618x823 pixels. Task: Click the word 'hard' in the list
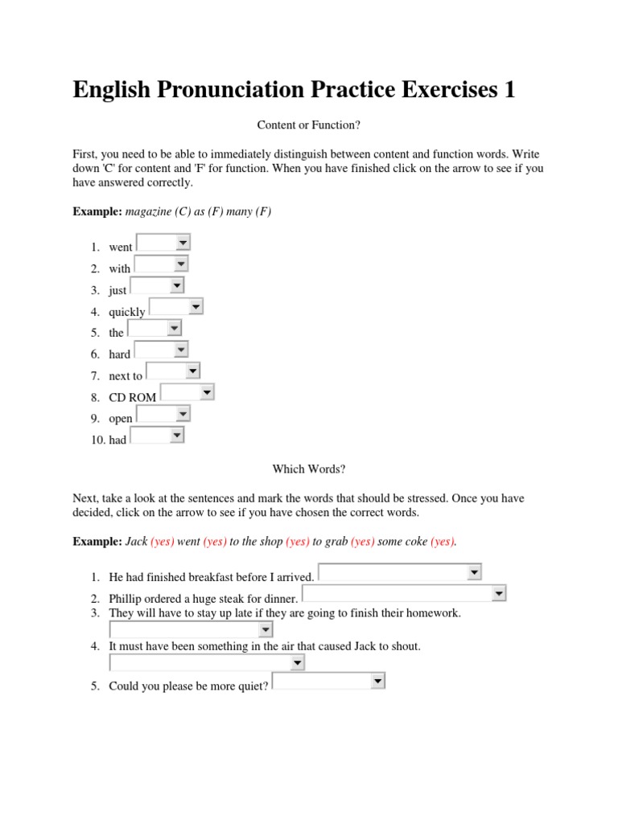120,354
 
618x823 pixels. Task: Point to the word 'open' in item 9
121,419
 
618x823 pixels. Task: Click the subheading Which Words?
308,469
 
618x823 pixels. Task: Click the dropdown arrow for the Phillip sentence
498,594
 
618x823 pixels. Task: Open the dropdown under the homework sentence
265,629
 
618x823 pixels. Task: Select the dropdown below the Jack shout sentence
297,662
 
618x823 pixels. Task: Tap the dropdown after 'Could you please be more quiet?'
377,682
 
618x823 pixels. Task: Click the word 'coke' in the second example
414,542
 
